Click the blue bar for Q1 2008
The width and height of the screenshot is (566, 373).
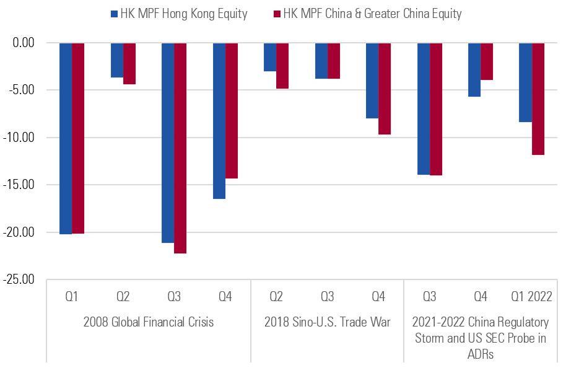[66, 138]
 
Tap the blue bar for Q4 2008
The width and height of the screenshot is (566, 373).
[219, 121]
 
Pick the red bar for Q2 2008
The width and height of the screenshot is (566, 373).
[129, 63]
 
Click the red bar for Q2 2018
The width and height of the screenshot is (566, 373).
[282, 66]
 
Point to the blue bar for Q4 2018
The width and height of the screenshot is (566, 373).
[372, 81]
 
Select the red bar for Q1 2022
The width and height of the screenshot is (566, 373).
[538, 99]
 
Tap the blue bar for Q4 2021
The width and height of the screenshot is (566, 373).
[474, 69]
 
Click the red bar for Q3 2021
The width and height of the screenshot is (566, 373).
[435, 109]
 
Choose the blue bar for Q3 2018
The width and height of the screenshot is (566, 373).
[321, 61]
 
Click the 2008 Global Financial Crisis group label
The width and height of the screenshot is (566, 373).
[148, 322]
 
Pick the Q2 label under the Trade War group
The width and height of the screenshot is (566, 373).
[276, 297]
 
